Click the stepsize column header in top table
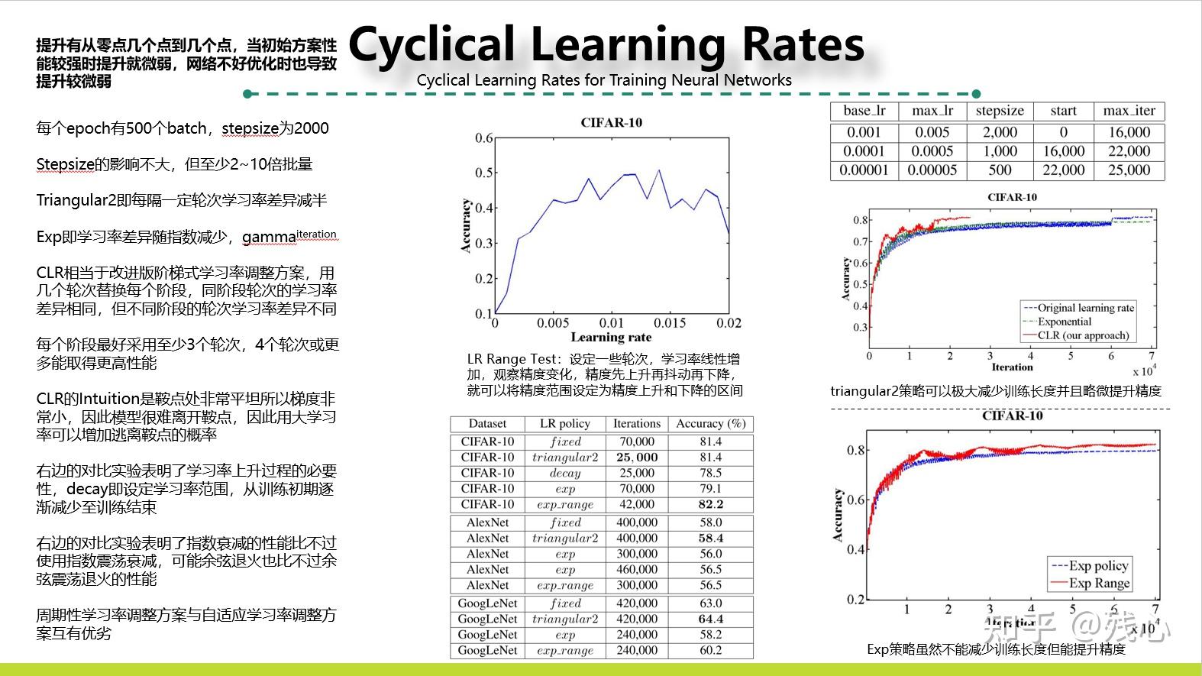point(1000,111)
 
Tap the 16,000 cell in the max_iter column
point(1129,132)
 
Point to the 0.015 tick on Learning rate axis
point(670,323)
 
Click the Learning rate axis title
point(611,338)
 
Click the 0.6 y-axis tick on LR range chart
point(484,138)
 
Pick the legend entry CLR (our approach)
point(1083,335)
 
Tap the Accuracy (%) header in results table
point(710,424)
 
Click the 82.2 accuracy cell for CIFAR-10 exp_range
point(710,504)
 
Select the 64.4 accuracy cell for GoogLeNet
point(710,619)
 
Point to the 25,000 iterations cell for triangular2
point(636,458)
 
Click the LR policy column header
point(564,424)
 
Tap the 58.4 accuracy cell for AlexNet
point(710,539)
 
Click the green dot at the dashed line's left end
point(247,94)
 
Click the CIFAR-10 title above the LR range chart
point(611,122)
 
